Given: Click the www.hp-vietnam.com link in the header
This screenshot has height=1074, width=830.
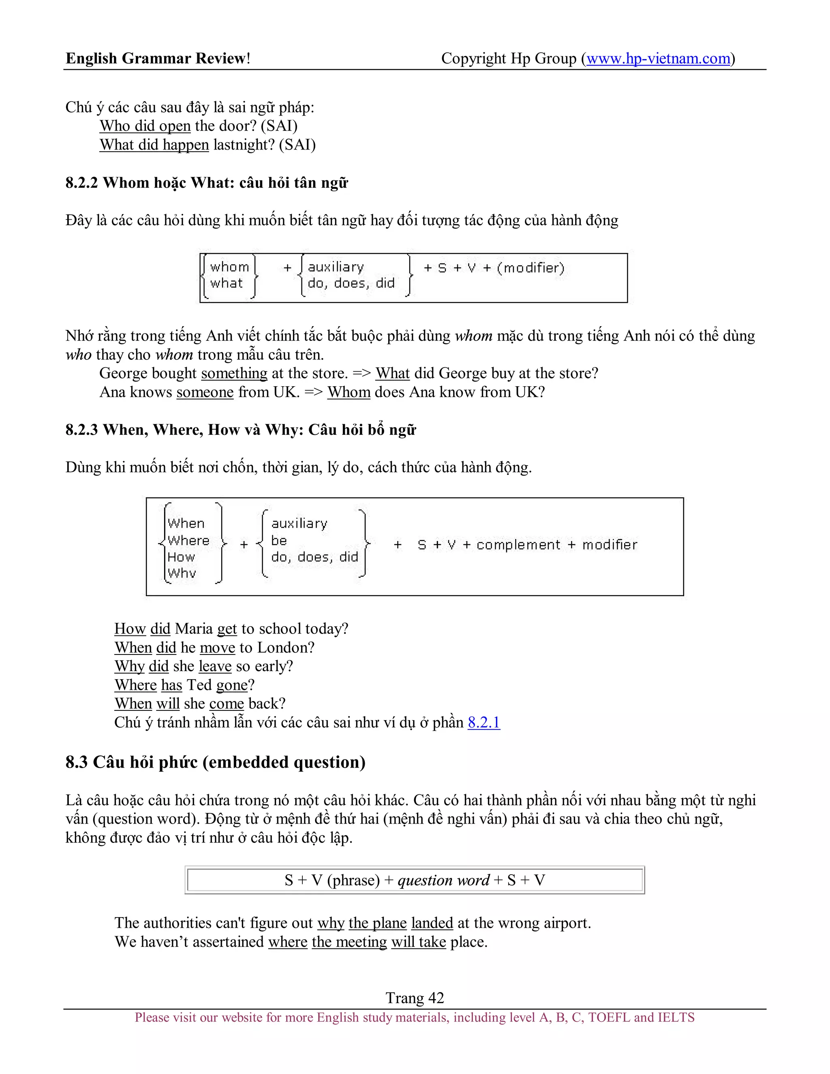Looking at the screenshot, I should point(658,58).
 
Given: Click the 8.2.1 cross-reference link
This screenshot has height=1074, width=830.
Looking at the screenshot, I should point(483,722).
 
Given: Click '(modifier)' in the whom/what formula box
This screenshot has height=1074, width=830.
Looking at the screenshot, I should point(531,268).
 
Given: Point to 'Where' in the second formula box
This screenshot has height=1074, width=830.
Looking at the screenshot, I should point(188,540).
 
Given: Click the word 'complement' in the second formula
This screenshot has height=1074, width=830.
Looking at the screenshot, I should point(518,545).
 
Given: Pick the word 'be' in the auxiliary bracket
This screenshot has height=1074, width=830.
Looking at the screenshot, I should point(279,540).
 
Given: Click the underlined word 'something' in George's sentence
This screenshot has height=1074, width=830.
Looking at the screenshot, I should point(234,373).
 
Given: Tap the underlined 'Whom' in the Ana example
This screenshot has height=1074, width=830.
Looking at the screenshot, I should point(349,392).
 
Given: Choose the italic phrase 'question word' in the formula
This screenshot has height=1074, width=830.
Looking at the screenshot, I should point(443,880).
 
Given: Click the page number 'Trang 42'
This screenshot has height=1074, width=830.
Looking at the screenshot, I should point(415,998).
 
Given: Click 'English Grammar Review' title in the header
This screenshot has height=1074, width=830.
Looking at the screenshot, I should point(156,58).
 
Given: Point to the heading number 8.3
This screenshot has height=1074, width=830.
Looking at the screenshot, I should point(77,762).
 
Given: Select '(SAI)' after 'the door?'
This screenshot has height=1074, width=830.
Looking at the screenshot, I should point(279,126).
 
